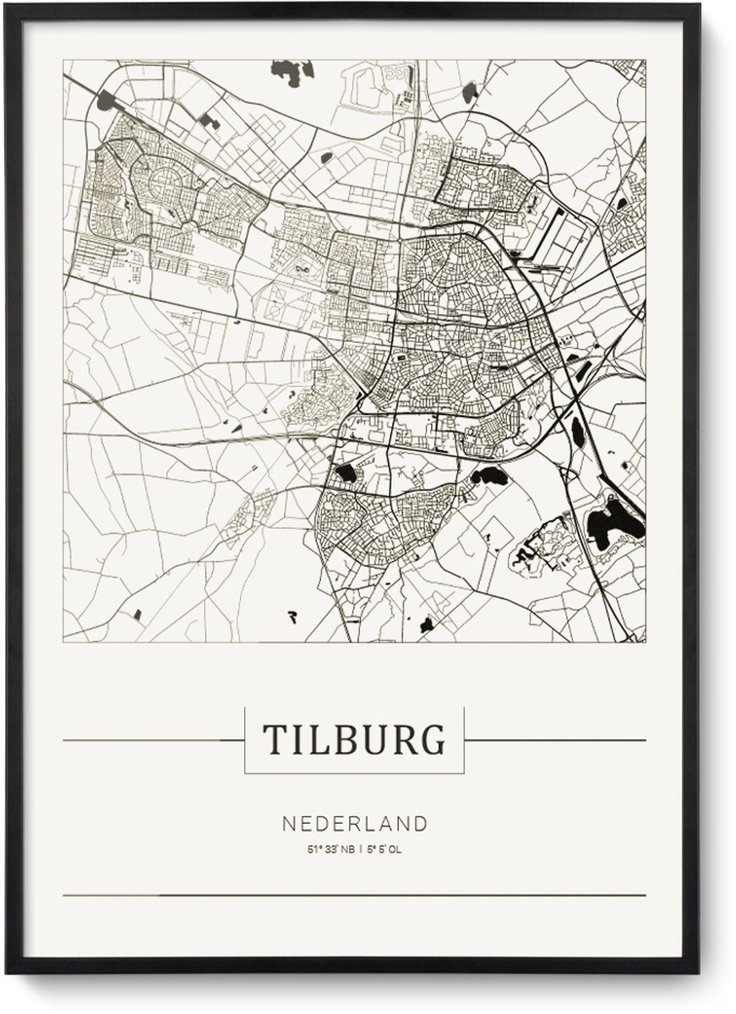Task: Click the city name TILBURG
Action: tap(353, 739)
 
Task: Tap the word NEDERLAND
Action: tap(354, 823)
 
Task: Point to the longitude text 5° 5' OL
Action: tap(385, 849)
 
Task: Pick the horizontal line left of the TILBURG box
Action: tap(153, 740)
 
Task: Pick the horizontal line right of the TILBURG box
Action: tap(554, 740)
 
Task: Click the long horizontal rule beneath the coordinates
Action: tap(354, 895)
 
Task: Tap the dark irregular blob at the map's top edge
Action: tap(292, 71)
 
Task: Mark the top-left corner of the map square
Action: tap(63, 60)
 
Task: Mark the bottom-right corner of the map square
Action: tap(646, 641)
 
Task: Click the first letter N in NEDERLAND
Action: tap(287, 823)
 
